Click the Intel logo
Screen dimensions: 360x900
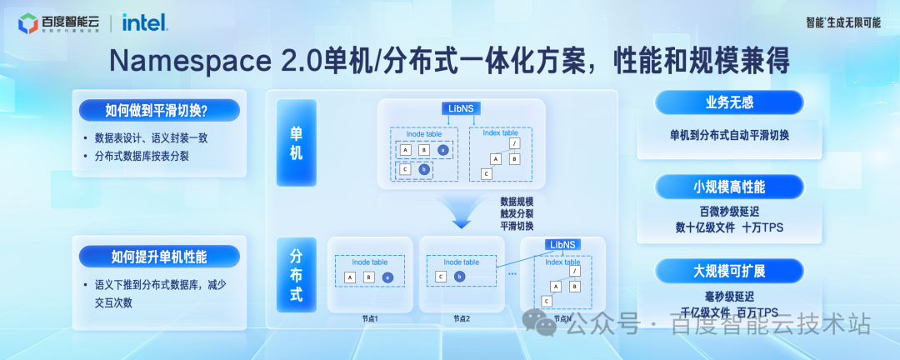coord(144,22)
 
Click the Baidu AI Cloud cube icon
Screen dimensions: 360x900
coord(27,23)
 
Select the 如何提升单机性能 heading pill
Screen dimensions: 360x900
coord(159,256)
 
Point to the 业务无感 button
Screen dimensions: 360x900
coord(729,102)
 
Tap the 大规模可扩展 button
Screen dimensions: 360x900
coord(729,271)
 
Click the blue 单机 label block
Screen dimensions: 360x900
coord(297,143)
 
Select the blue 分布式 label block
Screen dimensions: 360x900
coord(297,273)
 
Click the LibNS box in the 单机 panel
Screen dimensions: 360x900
coord(461,108)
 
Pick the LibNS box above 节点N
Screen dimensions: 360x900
coord(562,244)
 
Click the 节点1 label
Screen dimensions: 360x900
coord(370,318)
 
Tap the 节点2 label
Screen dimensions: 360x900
coord(462,318)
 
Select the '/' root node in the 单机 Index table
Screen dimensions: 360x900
coord(514,143)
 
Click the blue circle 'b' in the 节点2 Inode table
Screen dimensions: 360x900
coord(459,277)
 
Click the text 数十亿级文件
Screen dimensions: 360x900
coord(705,227)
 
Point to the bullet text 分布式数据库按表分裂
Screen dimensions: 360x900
coord(142,156)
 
